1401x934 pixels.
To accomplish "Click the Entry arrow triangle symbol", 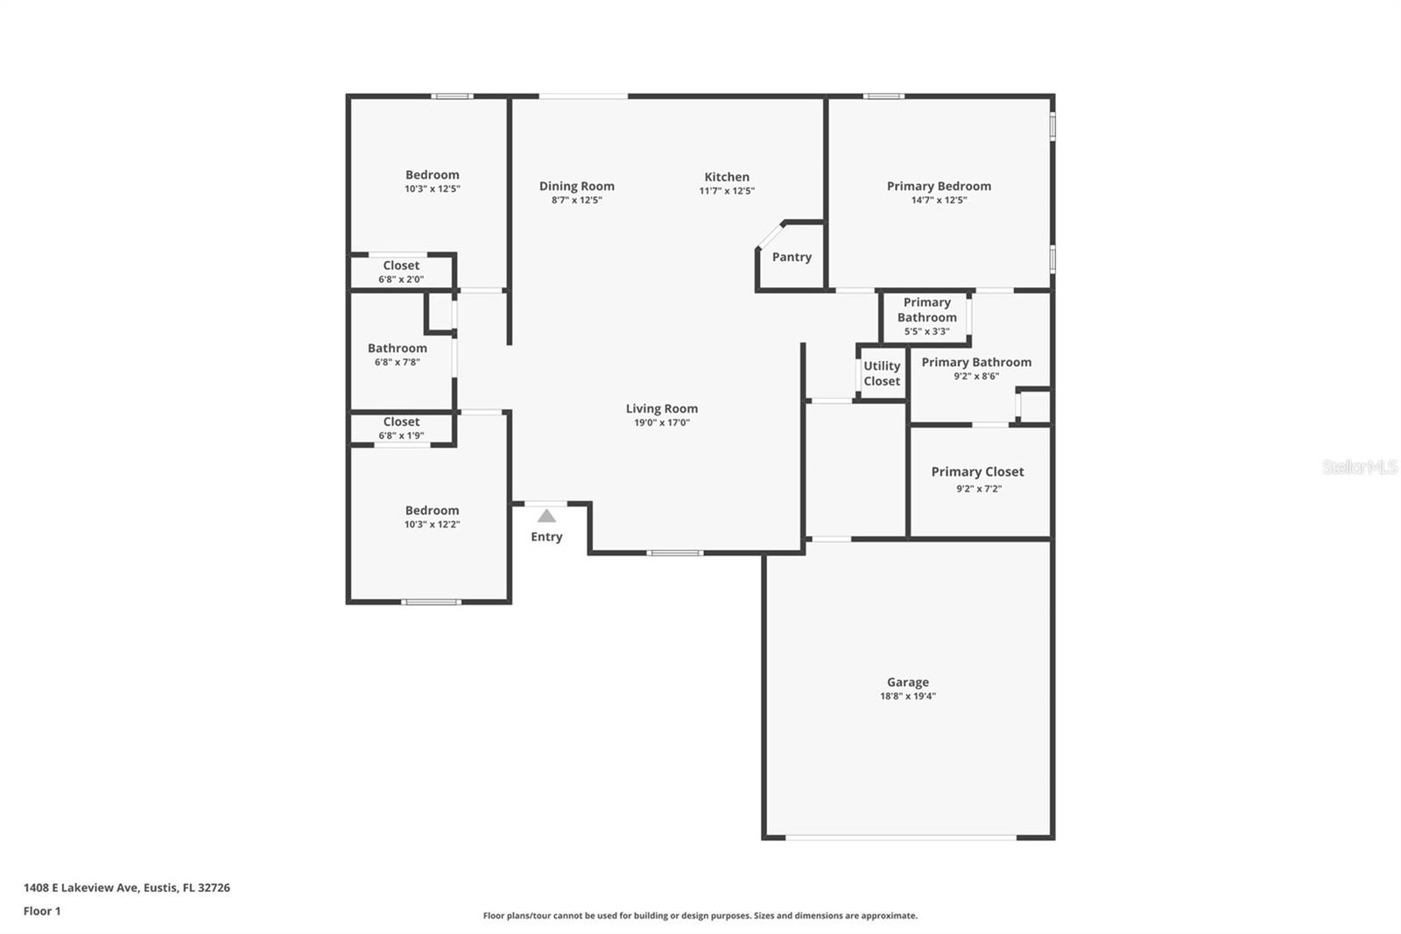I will coord(546,516).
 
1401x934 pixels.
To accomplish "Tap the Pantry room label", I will coord(792,257).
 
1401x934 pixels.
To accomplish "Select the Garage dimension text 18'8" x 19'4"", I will coord(907,697).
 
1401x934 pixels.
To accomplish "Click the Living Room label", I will coord(661,408).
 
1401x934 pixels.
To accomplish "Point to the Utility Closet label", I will coord(881,373).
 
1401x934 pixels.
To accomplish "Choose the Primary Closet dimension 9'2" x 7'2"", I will coord(978,489).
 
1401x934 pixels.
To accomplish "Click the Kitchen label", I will coord(727,177).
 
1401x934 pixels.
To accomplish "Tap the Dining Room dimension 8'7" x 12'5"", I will coord(576,201).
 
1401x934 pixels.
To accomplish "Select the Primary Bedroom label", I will coord(939,186).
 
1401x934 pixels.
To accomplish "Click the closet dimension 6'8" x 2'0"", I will coord(401,279).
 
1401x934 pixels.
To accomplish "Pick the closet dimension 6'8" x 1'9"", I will coord(401,435).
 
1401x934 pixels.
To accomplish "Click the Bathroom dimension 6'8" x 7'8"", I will coord(398,362).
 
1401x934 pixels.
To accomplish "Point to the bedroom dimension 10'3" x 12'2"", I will coord(432,525).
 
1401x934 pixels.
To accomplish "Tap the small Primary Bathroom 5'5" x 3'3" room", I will coord(926,316).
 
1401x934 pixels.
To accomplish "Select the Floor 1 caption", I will coord(42,911).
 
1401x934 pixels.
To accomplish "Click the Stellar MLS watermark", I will coord(1359,467).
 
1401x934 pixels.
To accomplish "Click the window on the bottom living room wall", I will coord(674,553).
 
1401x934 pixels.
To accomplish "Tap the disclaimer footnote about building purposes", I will coord(700,916).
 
